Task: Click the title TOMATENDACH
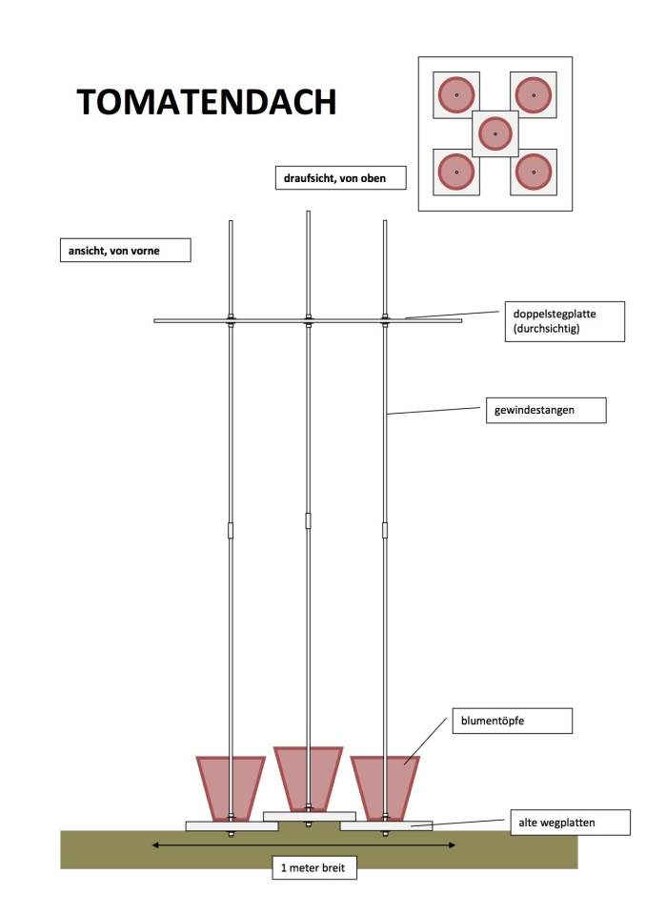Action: tap(207, 102)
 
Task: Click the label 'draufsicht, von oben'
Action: tap(341, 178)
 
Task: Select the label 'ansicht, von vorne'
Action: tap(126, 251)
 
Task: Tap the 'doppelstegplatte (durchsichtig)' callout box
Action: tap(564, 321)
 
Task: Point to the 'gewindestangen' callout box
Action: tap(546, 410)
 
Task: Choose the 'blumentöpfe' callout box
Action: tap(513, 721)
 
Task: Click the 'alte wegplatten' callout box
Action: tap(570, 823)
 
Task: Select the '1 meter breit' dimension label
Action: tap(314, 867)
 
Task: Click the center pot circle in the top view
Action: tap(495, 133)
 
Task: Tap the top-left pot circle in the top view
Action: tap(456, 94)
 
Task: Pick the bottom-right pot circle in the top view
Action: tap(534, 173)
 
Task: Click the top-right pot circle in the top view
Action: tap(534, 94)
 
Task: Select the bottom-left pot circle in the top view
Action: tap(456, 173)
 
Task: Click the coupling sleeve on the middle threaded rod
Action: tap(308, 521)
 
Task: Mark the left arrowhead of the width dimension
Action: tap(155, 845)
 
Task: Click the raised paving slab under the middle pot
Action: tap(310, 817)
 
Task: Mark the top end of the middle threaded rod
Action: tap(308, 212)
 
